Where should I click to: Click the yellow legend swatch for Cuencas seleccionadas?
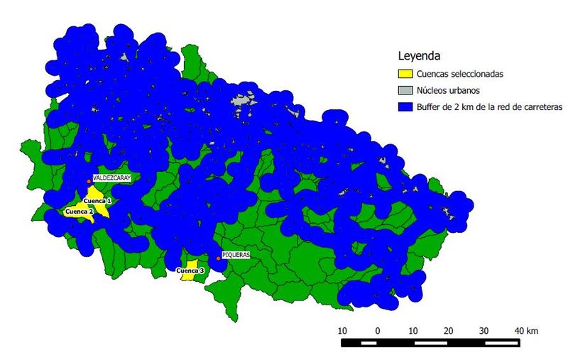405,73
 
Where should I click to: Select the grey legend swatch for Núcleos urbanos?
405,90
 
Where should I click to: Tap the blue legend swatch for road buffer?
405,107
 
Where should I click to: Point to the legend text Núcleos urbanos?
449,90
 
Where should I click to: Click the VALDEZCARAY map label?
112,178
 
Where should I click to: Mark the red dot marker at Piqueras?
218,258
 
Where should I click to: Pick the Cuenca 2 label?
79,212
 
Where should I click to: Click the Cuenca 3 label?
190,271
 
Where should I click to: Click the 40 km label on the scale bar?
526,331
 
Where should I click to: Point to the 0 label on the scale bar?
378,331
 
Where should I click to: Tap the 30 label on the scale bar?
484,331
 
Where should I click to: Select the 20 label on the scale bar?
448,331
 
